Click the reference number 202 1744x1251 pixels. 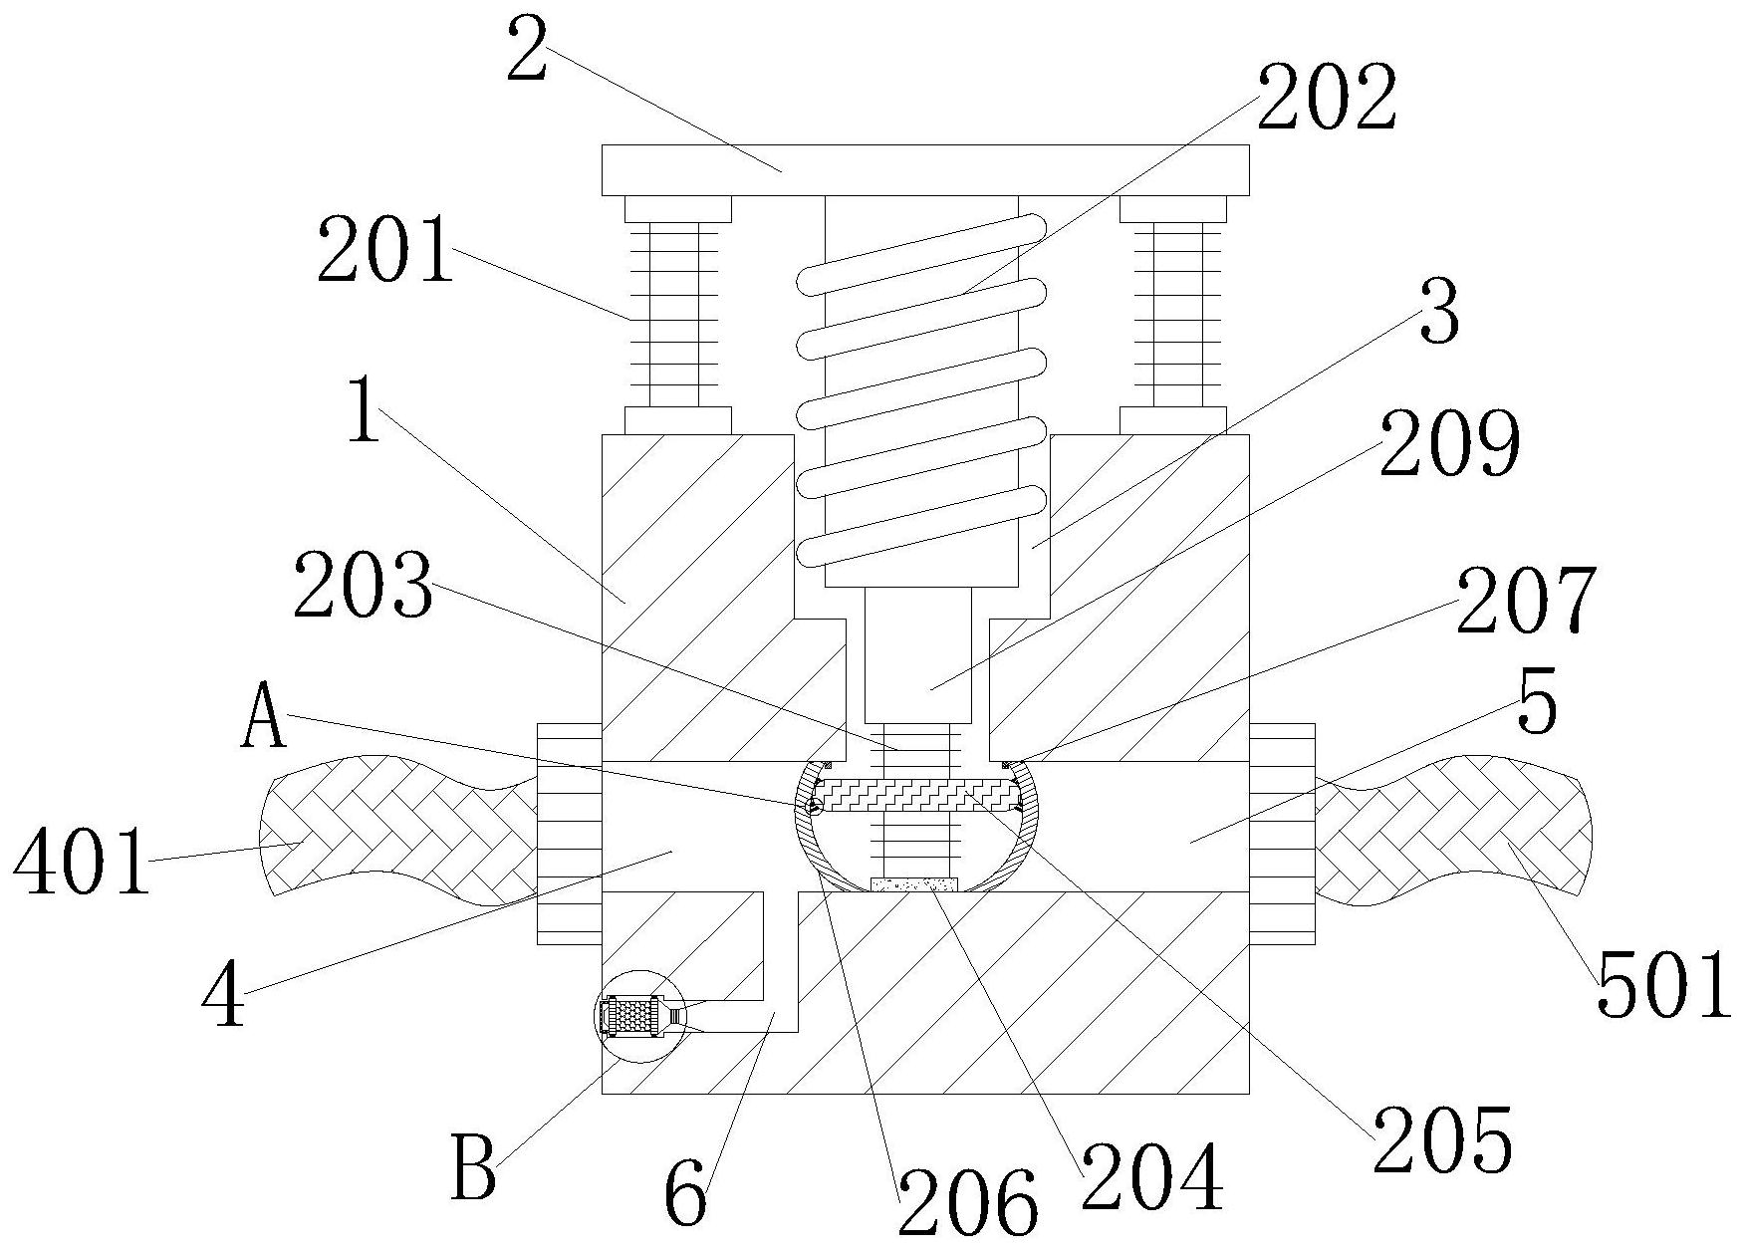(1327, 98)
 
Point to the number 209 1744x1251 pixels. (1450, 442)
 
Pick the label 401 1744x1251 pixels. (83, 862)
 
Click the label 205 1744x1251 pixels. (1444, 1138)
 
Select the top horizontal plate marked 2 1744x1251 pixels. (925, 170)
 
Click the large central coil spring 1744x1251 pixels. (922, 389)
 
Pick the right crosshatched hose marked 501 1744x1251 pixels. (1453, 830)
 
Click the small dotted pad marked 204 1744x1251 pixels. (914, 883)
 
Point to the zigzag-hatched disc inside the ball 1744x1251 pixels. (917, 795)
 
